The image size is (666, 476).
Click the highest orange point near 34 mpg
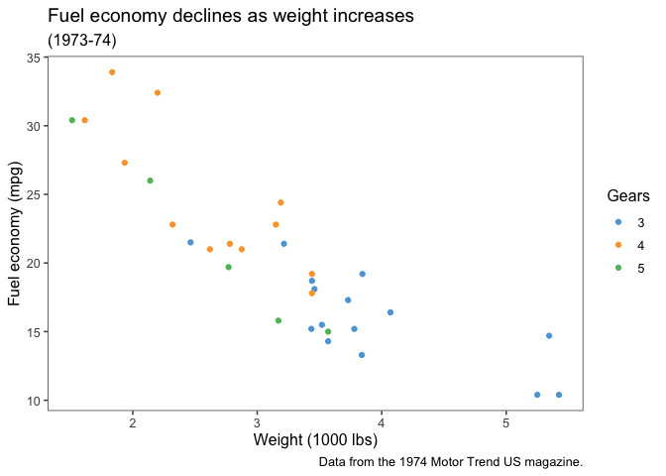(x=112, y=72)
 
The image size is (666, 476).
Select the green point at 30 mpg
(x=71, y=120)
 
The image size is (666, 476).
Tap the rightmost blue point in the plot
(x=559, y=395)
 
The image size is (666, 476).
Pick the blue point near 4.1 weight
(x=390, y=312)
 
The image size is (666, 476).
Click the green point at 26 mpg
(x=150, y=180)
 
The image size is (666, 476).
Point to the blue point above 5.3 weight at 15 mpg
(x=549, y=336)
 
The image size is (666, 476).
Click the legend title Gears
(x=628, y=196)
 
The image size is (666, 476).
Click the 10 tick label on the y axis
(x=34, y=401)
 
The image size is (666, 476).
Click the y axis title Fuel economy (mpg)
(x=16, y=234)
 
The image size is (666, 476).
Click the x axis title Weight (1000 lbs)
(x=315, y=439)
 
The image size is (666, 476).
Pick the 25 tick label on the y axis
(x=34, y=195)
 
